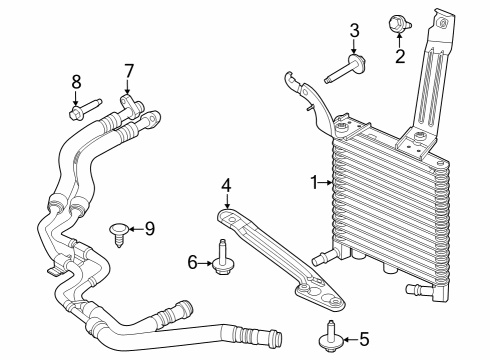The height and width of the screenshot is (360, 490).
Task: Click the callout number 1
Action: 313,183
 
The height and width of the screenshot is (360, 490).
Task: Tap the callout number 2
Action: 400,56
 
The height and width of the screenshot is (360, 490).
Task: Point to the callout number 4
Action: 227,185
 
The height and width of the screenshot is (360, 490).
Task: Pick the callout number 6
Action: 193,263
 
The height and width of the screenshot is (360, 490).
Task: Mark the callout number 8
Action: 75,82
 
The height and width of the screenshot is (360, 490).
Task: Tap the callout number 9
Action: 149,229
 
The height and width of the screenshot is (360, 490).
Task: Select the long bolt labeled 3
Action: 343,70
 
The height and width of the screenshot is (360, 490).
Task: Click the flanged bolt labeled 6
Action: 221,259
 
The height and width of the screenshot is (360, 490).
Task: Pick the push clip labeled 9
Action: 119,233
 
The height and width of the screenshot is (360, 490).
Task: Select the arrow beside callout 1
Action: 325,183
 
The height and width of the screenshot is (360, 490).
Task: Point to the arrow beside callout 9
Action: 135,229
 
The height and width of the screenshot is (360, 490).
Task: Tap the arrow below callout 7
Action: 128,88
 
